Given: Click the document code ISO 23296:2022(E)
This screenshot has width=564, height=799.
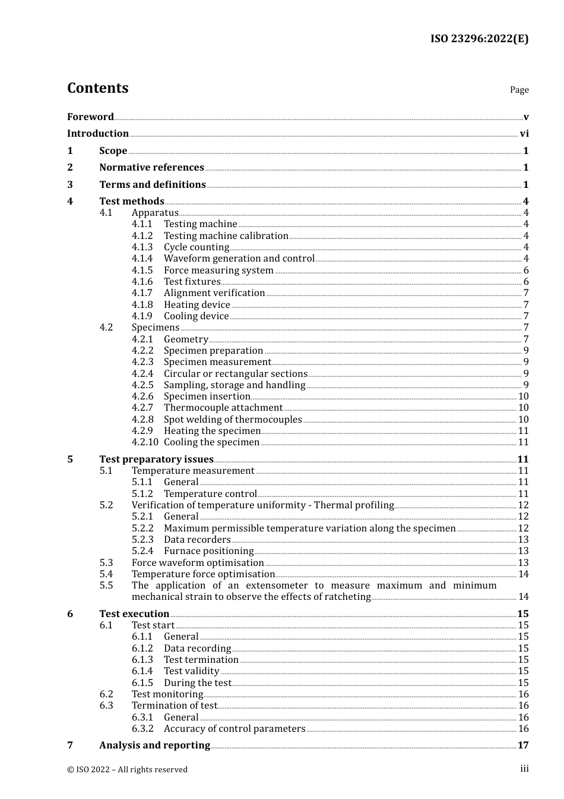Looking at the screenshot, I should [479, 39].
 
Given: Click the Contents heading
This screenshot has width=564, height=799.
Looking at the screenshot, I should [97, 88].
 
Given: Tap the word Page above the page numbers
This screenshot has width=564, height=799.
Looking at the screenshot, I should [519, 90].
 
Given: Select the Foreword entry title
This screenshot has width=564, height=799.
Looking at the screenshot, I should [90, 117].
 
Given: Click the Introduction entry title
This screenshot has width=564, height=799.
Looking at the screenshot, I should [98, 134].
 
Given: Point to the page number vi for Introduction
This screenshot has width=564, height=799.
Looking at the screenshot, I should [524, 134].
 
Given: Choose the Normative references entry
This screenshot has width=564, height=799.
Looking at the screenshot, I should [151, 168].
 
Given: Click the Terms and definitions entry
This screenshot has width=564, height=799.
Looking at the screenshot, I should [153, 185].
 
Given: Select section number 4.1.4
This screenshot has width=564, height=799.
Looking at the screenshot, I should [142, 259].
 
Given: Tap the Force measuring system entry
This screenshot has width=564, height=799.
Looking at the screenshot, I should [218, 270].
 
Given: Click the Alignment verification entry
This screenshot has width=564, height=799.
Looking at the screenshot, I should [214, 293].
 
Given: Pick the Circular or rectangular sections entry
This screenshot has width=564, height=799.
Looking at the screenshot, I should [236, 374].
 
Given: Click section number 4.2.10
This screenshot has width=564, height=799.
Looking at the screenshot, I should [145, 442].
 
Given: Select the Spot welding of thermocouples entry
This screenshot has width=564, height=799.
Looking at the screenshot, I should [233, 420].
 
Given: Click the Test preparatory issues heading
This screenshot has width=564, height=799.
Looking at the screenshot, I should [156, 460].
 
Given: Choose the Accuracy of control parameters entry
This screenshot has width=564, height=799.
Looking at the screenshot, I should [235, 729].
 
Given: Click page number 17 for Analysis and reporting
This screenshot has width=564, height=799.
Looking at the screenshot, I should [523, 745].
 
